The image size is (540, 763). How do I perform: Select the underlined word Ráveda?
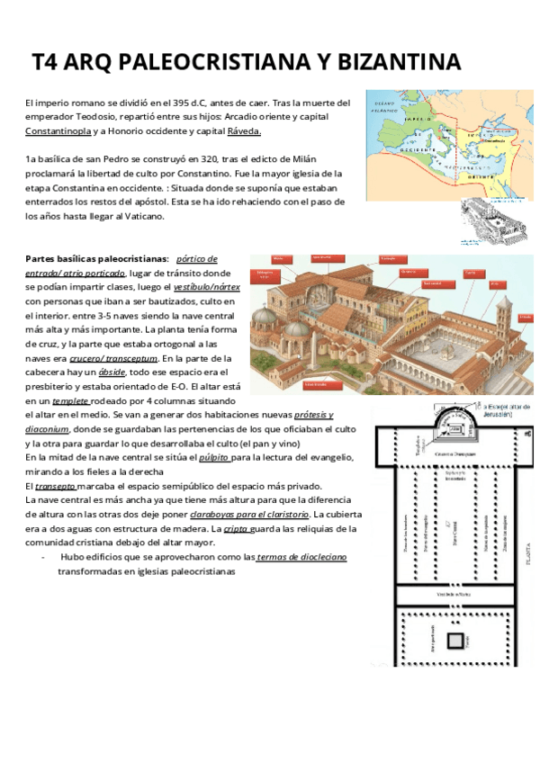(244, 131)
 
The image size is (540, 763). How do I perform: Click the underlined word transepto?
(55, 486)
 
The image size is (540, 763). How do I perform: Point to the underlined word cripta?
(237, 529)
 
